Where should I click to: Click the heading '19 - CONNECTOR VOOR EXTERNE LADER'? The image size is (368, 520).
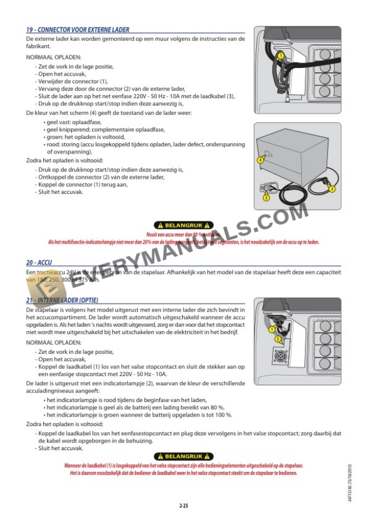click(78, 29)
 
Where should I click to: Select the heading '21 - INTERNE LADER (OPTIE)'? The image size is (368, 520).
click(63, 300)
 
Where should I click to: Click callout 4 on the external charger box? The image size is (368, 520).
click(260, 160)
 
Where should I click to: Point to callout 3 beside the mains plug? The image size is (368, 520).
click(333, 188)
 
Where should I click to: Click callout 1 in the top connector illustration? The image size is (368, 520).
click(280, 55)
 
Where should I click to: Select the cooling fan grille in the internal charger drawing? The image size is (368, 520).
click(281, 356)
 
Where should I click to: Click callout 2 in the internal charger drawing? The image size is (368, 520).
click(278, 339)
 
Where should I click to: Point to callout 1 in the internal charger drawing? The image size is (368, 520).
click(272, 329)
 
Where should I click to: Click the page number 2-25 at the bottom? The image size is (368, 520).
click(183, 504)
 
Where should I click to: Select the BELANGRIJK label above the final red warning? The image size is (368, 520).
click(183, 456)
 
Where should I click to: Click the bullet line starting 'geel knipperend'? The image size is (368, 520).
click(96, 129)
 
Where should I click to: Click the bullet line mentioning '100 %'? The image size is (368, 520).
click(138, 415)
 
